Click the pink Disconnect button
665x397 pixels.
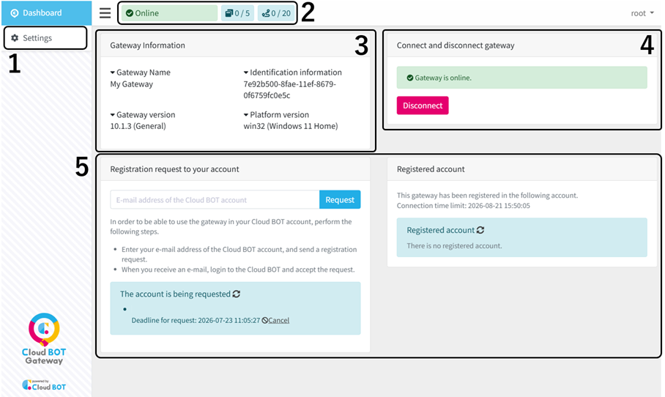[423, 105]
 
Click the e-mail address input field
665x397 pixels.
[215, 200]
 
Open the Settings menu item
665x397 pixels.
[45, 38]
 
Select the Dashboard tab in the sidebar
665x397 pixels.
[46, 13]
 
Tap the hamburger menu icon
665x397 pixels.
[105, 13]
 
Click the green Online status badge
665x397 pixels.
[170, 13]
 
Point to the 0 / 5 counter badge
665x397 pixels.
[237, 13]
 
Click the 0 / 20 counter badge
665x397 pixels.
[276, 13]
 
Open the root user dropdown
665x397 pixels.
[642, 13]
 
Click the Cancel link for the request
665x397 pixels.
[278, 320]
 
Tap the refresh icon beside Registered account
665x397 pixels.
[480, 230]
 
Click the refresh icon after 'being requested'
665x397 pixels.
[237, 294]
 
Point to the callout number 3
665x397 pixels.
[361, 45]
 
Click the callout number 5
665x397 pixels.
[82, 167]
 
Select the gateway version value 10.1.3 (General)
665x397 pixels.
[138, 126]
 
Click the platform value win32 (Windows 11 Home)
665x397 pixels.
[291, 126]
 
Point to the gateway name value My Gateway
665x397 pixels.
[132, 84]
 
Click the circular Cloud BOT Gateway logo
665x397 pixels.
[44, 329]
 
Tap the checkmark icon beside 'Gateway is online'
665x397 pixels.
[409, 78]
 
